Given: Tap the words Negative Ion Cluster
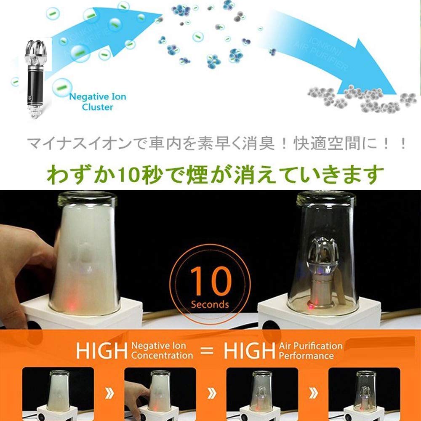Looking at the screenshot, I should click(x=97, y=101).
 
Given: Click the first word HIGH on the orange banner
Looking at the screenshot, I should click(x=101, y=350).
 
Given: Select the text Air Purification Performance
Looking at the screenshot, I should click(x=310, y=350).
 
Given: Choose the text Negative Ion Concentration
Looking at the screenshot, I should click(x=162, y=350).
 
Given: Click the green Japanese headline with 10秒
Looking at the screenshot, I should click(x=215, y=174).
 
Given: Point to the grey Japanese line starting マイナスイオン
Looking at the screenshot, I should click(x=217, y=144).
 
